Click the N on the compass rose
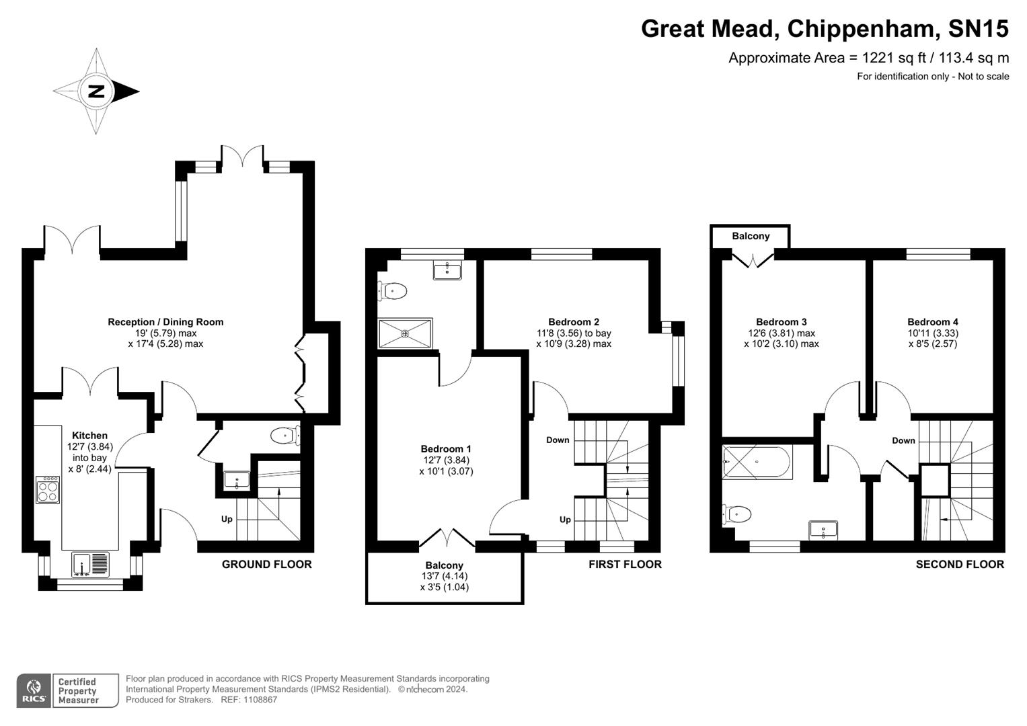(x=97, y=91)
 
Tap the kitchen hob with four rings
(x=48, y=489)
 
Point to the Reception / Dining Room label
(x=165, y=322)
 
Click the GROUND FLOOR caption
(x=266, y=564)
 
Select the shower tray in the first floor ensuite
(x=405, y=333)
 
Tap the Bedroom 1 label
(x=446, y=449)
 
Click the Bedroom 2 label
(x=573, y=322)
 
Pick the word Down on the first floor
(x=558, y=440)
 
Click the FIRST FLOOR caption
(x=625, y=564)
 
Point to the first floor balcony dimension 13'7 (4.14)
(x=444, y=576)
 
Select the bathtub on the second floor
(x=757, y=462)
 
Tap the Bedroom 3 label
(x=781, y=322)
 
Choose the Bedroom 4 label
(x=932, y=322)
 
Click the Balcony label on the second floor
(x=751, y=236)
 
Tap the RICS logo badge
(x=33, y=690)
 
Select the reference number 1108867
(x=259, y=700)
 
